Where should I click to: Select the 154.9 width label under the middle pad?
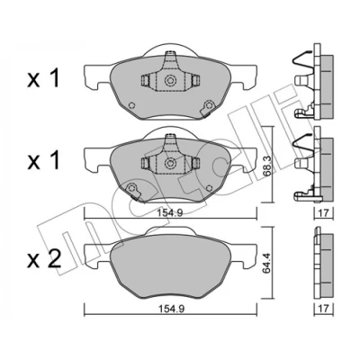pyautogui.click(x=170, y=213)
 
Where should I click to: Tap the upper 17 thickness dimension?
pyautogui.click(x=323, y=213)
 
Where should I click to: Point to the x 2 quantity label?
pyautogui.click(x=44, y=259)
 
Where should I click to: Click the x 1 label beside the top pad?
pyautogui.click(x=43, y=79)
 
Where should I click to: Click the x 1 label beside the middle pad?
pyautogui.click(x=43, y=160)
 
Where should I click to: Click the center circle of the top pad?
pyautogui.click(x=170, y=80)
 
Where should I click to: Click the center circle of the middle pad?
pyautogui.click(x=170, y=163)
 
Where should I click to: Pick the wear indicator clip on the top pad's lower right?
pyautogui.click(x=208, y=108)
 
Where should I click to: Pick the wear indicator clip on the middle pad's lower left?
pyautogui.click(x=132, y=191)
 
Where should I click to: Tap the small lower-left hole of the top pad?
pyautogui.click(x=131, y=105)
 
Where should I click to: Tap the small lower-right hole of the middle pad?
pyautogui.click(x=209, y=188)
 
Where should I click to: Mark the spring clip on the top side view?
pyautogui.click(x=302, y=63)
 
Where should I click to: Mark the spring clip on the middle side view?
pyautogui.click(x=302, y=146)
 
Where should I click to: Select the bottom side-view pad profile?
pyautogui.click(x=323, y=264)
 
